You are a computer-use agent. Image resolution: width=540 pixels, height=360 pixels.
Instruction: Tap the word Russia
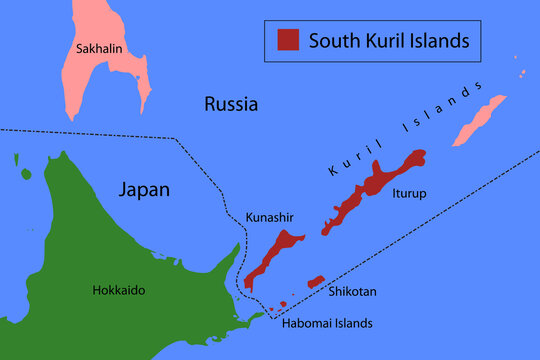(x=231, y=103)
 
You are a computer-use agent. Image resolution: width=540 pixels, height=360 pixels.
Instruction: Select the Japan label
(x=144, y=188)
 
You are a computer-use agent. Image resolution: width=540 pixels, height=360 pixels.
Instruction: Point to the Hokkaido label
(x=118, y=290)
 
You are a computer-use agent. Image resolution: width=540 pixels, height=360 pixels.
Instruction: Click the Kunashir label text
(x=269, y=217)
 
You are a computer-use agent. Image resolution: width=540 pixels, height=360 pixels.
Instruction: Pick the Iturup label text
(x=409, y=193)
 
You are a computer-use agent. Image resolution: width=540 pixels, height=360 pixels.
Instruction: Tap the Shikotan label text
(x=352, y=292)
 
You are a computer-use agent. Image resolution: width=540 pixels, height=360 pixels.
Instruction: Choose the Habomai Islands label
(x=328, y=323)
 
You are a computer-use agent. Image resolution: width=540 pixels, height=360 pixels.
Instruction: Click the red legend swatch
(x=288, y=40)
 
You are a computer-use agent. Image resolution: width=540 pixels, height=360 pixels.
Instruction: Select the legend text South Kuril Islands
(x=388, y=41)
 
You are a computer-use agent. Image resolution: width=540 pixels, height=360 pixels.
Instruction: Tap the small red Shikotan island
(x=316, y=281)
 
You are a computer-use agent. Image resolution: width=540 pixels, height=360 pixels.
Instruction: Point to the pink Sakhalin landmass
(x=100, y=75)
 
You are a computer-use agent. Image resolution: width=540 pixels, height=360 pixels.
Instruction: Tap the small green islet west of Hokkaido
(x=24, y=174)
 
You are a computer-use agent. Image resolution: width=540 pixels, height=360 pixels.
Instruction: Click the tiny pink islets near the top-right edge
(x=521, y=72)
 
